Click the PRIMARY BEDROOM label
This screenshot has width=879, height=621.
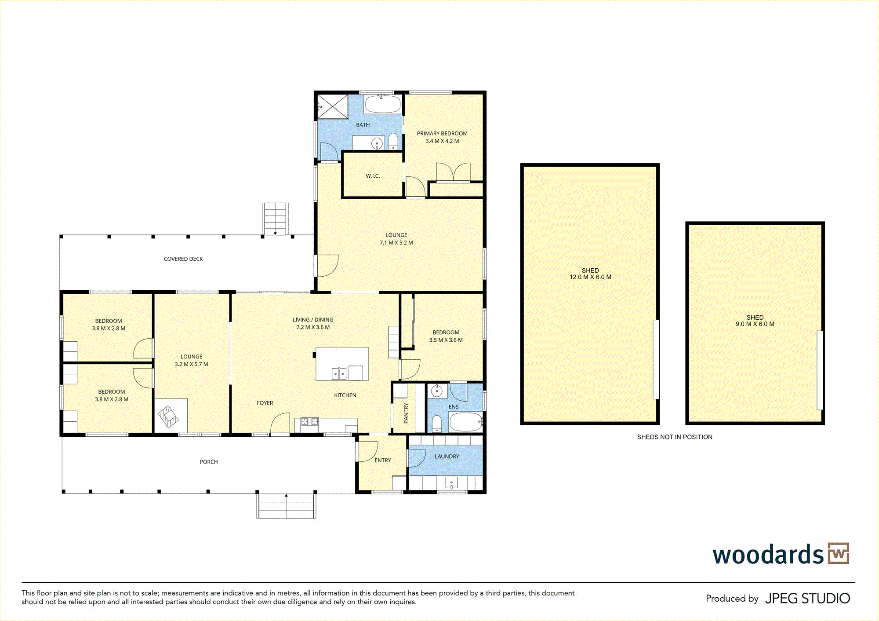[x=442, y=133]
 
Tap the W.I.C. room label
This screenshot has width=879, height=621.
[x=373, y=176]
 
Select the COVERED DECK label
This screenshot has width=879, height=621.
[x=183, y=259]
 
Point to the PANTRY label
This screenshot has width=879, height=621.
[x=406, y=413]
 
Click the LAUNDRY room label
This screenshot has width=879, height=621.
[x=447, y=457]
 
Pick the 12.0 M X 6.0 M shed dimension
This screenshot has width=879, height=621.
[x=590, y=277]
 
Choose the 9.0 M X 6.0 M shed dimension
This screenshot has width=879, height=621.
[x=755, y=324]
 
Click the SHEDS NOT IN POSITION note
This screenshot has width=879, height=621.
[x=675, y=437]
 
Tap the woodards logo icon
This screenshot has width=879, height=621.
[x=839, y=553]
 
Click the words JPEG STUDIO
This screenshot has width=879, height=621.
[x=808, y=599]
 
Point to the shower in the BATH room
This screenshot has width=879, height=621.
[x=332, y=106]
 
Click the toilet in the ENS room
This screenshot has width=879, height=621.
[x=436, y=424]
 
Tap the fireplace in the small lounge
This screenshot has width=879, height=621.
[x=168, y=416]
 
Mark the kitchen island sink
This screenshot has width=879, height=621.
[x=339, y=373]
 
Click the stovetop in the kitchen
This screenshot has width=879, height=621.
[x=309, y=421]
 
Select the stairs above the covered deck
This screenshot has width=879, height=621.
[x=276, y=219]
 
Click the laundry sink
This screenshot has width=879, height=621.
[x=452, y=483]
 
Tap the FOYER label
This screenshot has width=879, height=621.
[x=265, y=403]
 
